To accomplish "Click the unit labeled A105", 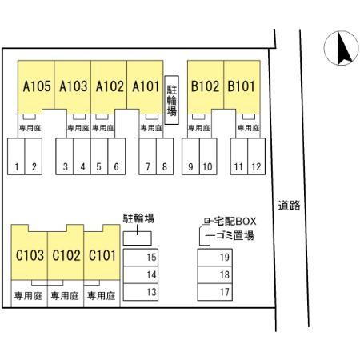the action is coord(36,86).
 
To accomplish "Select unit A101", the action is coord(145,86).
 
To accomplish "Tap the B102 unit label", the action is coord(205,86).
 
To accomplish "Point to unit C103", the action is coord(30,255).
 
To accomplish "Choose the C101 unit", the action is coord(102,255).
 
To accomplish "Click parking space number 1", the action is coord(16,156).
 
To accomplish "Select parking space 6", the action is coord(117,156).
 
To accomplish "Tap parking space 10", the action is coord(208,156).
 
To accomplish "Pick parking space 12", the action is coord(256,156).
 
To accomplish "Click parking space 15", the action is coord(141,258).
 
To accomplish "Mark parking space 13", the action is coord(141,292).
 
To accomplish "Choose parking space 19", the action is coord(215,258).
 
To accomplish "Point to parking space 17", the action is coord(215,292).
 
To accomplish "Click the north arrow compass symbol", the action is coord(342,48).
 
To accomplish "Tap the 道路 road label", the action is coord(290,206).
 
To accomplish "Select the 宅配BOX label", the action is coord(235,221).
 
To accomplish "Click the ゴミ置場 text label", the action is coord(235,235).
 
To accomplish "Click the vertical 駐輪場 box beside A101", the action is coord(171,100).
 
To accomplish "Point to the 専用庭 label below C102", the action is coord(65,296).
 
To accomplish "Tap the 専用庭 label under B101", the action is coord(248,128).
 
